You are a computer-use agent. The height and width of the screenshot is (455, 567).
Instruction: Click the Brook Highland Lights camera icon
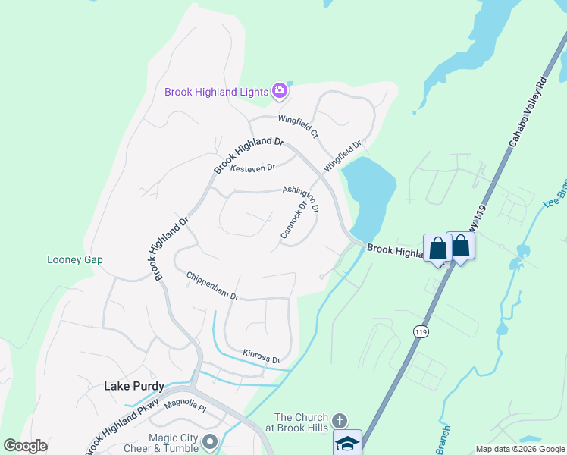280,92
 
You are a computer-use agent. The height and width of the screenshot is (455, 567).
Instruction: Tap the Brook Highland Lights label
217,93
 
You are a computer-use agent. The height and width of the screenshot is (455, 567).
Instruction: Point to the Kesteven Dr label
252,168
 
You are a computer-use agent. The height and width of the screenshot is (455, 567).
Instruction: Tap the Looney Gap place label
75,259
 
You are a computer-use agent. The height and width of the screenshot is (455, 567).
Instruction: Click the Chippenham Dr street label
213,286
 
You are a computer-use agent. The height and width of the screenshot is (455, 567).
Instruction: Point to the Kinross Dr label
262,356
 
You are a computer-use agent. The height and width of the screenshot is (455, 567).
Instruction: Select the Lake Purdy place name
133,386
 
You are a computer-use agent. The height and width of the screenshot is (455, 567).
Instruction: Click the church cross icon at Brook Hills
340,419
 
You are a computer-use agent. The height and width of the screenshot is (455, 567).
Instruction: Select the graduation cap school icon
348,443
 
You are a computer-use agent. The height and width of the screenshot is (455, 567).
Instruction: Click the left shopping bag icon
437,247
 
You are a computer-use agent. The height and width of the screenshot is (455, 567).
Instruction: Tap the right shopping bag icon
461,245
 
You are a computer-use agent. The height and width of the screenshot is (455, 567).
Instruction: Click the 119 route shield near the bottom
421,331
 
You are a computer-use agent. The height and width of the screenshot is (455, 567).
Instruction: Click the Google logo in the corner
25,446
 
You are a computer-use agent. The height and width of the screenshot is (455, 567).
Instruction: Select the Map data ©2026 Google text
519,449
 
